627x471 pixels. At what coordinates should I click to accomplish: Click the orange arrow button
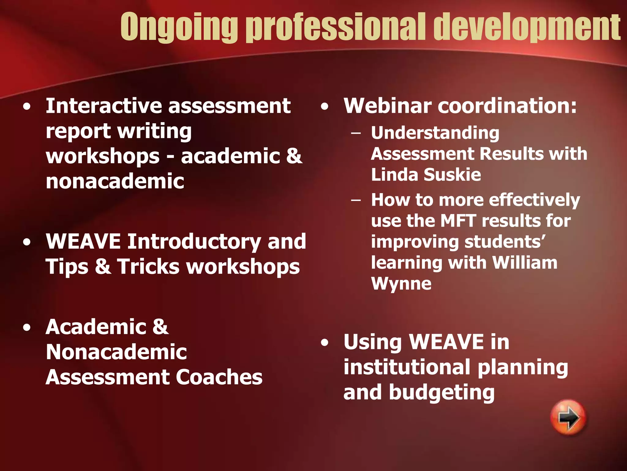[568, 417]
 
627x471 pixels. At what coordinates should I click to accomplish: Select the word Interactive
[104, 106]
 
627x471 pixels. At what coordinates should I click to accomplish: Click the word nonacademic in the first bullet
[115, 181]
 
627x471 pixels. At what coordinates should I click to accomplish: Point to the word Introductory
[194, 241]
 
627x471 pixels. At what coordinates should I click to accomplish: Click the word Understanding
[435, 133]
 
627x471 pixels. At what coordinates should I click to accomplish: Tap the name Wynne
[401, 284]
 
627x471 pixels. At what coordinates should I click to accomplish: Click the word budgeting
[441, 392]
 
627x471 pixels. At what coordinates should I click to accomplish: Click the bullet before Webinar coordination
[325, 107]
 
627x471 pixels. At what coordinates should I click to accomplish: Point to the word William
[525, 263]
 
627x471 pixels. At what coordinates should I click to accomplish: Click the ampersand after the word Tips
[103, 266]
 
